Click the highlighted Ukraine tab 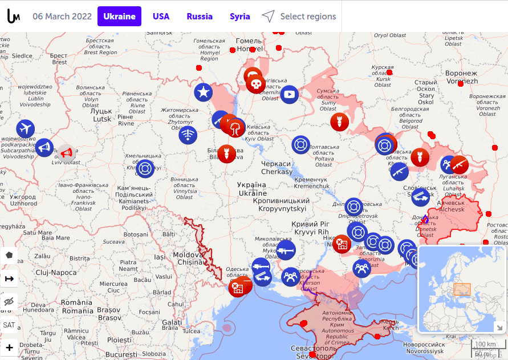click(x=119, y=17)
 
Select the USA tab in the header click(x=161, y=17)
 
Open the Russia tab click(x=200, y=17)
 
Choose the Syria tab click(x=239, y=17)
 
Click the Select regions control click(x=299, y=17)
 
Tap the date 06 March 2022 click(x=62, y=17)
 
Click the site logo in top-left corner click(x=13, y=17)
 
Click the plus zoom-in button click(x=9, y=347)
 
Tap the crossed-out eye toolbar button click(x=9, y=302)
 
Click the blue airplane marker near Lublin click(x=26, y=128)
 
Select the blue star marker click(x=203, y=92)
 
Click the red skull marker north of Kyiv click(x=256, y=84)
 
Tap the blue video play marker click(x=289, y=94)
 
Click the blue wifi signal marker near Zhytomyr click(x=188, y=135)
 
